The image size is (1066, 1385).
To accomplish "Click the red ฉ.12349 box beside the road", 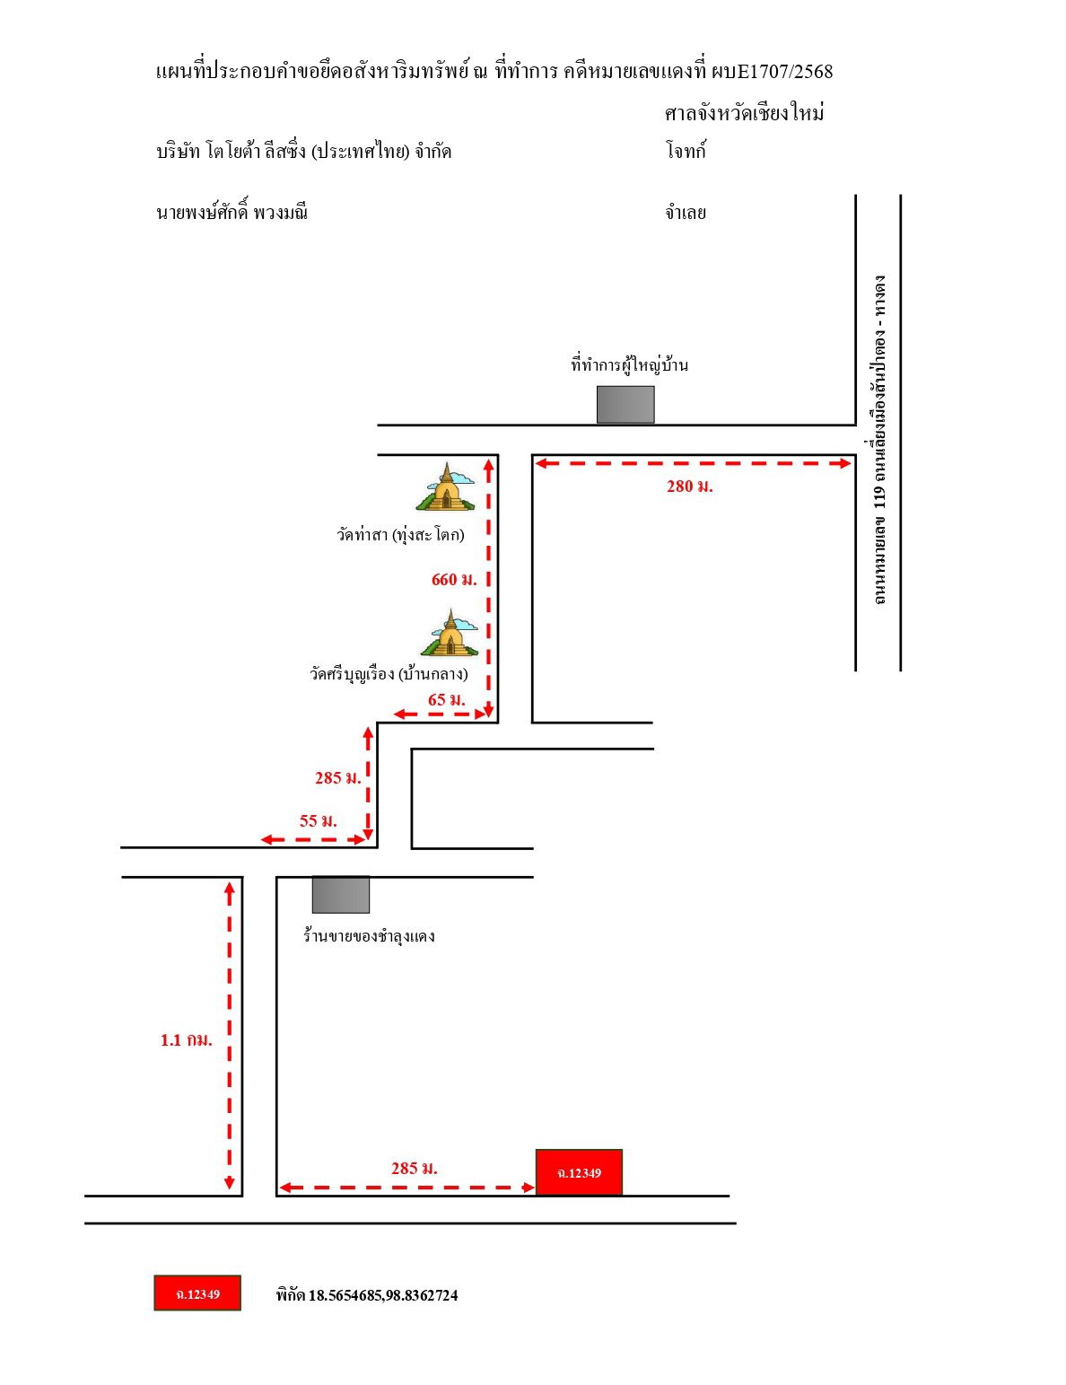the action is click(579, 1171).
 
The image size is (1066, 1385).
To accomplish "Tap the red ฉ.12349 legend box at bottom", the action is click(197, 1293).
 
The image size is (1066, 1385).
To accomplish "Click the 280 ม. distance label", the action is click(689, 487).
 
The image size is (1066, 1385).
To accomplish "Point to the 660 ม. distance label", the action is click(454, 579).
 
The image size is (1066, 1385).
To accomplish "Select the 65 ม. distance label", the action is click(446, 700).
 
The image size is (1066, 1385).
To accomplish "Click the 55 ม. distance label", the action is click(318, 821).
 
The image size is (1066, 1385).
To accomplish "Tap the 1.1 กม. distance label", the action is click(186, 1040).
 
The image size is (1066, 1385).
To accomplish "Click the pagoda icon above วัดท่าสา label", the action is click(446, 487).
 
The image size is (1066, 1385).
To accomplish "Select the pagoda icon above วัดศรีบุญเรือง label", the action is click(450, 632).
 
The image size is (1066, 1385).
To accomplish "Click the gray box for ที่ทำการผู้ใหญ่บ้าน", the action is click(625, 405).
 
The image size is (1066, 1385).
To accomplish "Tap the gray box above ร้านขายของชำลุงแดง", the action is click(340, 894).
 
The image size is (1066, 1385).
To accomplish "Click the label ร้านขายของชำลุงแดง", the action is click(368, 935).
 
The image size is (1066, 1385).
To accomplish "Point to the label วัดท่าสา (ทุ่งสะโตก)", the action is click(400, 534).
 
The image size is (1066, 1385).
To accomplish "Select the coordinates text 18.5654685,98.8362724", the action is click(383, 1295).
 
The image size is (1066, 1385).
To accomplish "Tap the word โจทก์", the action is click(686, 151).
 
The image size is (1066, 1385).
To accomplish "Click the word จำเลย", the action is click(686, 212).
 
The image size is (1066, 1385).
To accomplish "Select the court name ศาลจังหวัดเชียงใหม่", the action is click(744, 112).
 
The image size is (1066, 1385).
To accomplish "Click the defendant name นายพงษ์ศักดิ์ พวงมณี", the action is click(232, 210).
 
